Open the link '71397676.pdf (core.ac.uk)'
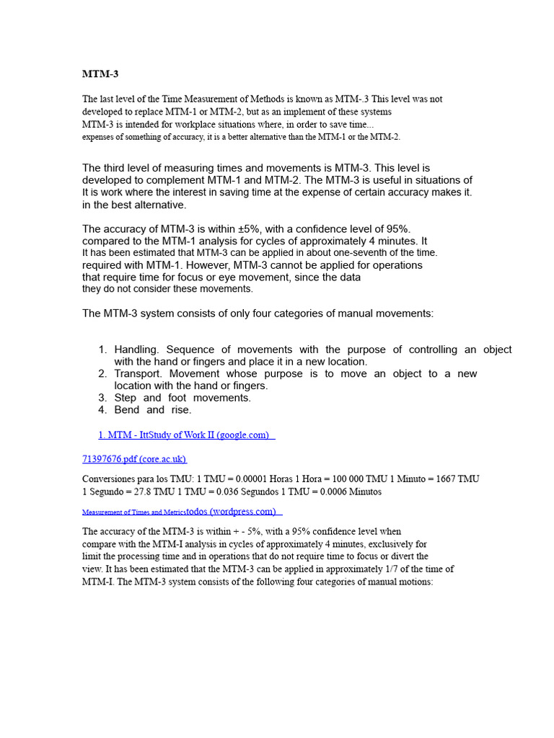(134, 459)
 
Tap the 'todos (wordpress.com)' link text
(231, 512)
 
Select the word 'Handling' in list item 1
(136, 350)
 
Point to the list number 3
(102, 398)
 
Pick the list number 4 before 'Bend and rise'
(102, 410)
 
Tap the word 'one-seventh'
(351, 253)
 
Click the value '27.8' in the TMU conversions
(138, 492)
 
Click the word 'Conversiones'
(113, 479)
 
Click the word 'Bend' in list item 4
(127, 410)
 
